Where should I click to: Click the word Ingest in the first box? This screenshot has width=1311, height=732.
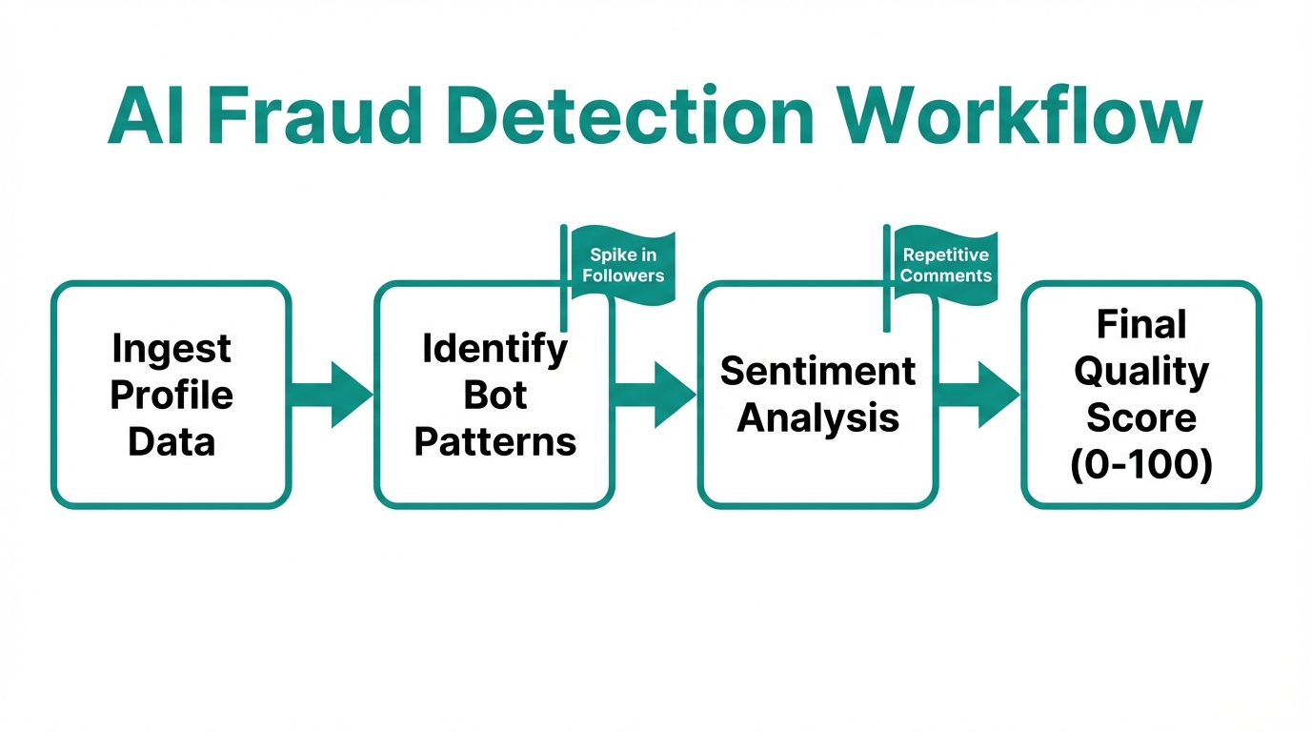coord(171,349)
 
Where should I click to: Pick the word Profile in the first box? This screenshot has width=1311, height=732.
coord(171,395)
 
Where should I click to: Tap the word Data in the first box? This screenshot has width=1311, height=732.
coord(171,441)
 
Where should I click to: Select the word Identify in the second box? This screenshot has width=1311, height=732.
coord(494,350)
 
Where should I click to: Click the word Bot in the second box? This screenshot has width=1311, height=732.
coord(494,395)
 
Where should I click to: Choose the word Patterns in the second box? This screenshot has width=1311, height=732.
coord(494,441)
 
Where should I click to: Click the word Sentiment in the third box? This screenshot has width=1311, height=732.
coord(817,371)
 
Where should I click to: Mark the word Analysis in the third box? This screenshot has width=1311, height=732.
coord(817,417)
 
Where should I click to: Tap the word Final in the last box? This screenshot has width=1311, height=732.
coord(1141,325)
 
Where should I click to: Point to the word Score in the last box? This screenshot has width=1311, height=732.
coord(1141,418)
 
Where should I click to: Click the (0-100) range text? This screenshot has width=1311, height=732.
coord(1141,465)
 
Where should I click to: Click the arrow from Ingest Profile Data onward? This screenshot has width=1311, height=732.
coord(332,395)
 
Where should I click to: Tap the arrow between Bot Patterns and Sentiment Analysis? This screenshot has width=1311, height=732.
coord(655,395)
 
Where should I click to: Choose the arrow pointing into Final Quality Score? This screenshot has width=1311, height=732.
coord(978,395)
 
